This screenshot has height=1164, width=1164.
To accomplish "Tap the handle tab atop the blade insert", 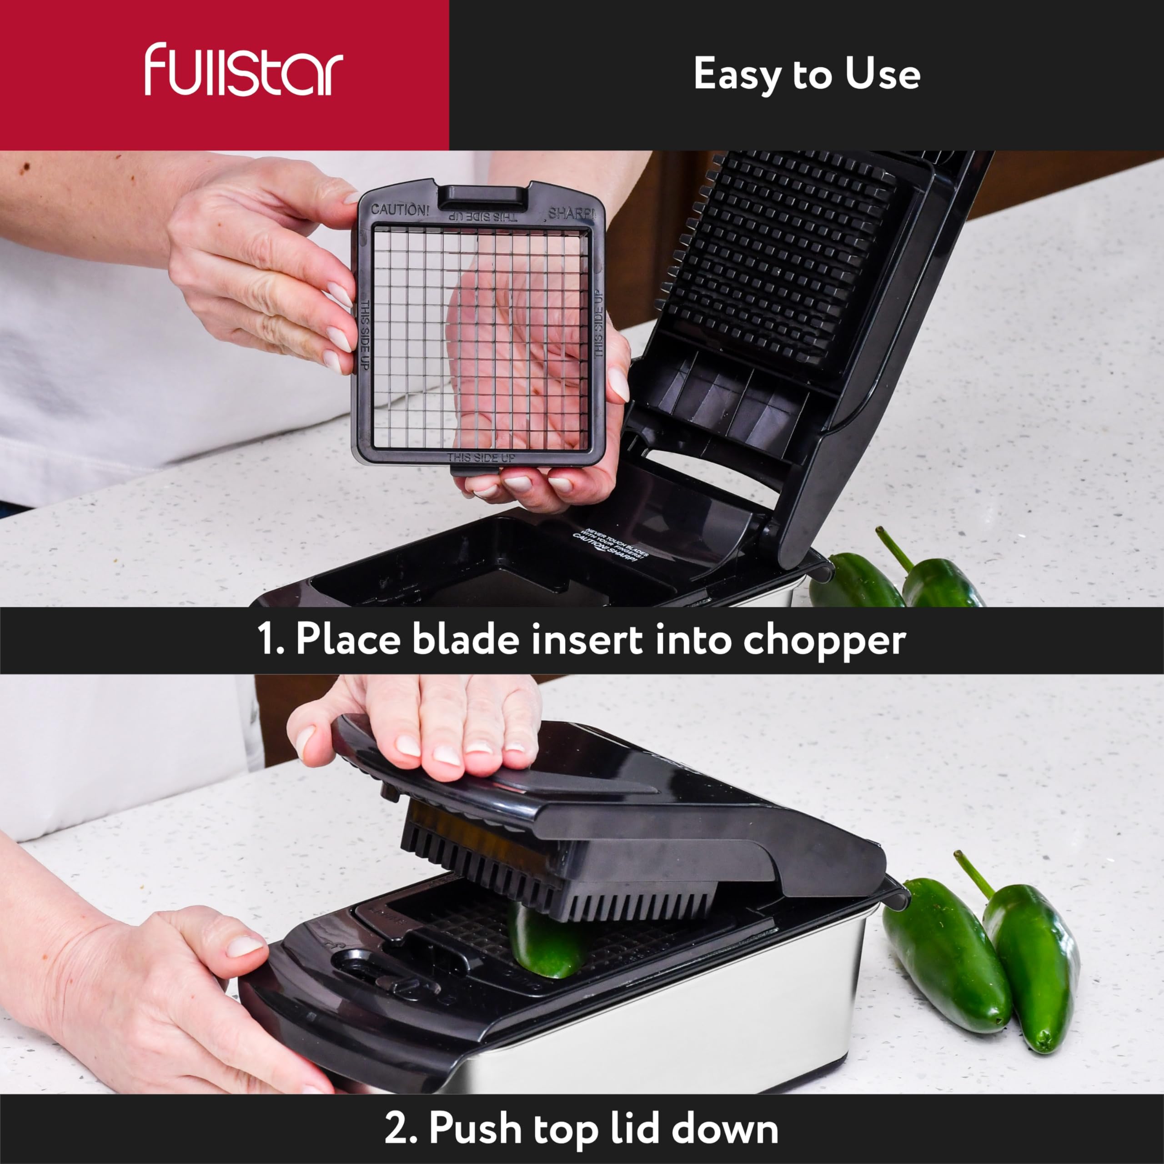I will pos(482,196).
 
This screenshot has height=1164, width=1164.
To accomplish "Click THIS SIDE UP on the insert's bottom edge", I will pos(481,458).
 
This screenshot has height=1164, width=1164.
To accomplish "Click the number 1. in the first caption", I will pos(271,639).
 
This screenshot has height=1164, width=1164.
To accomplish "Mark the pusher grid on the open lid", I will pos(783,253).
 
